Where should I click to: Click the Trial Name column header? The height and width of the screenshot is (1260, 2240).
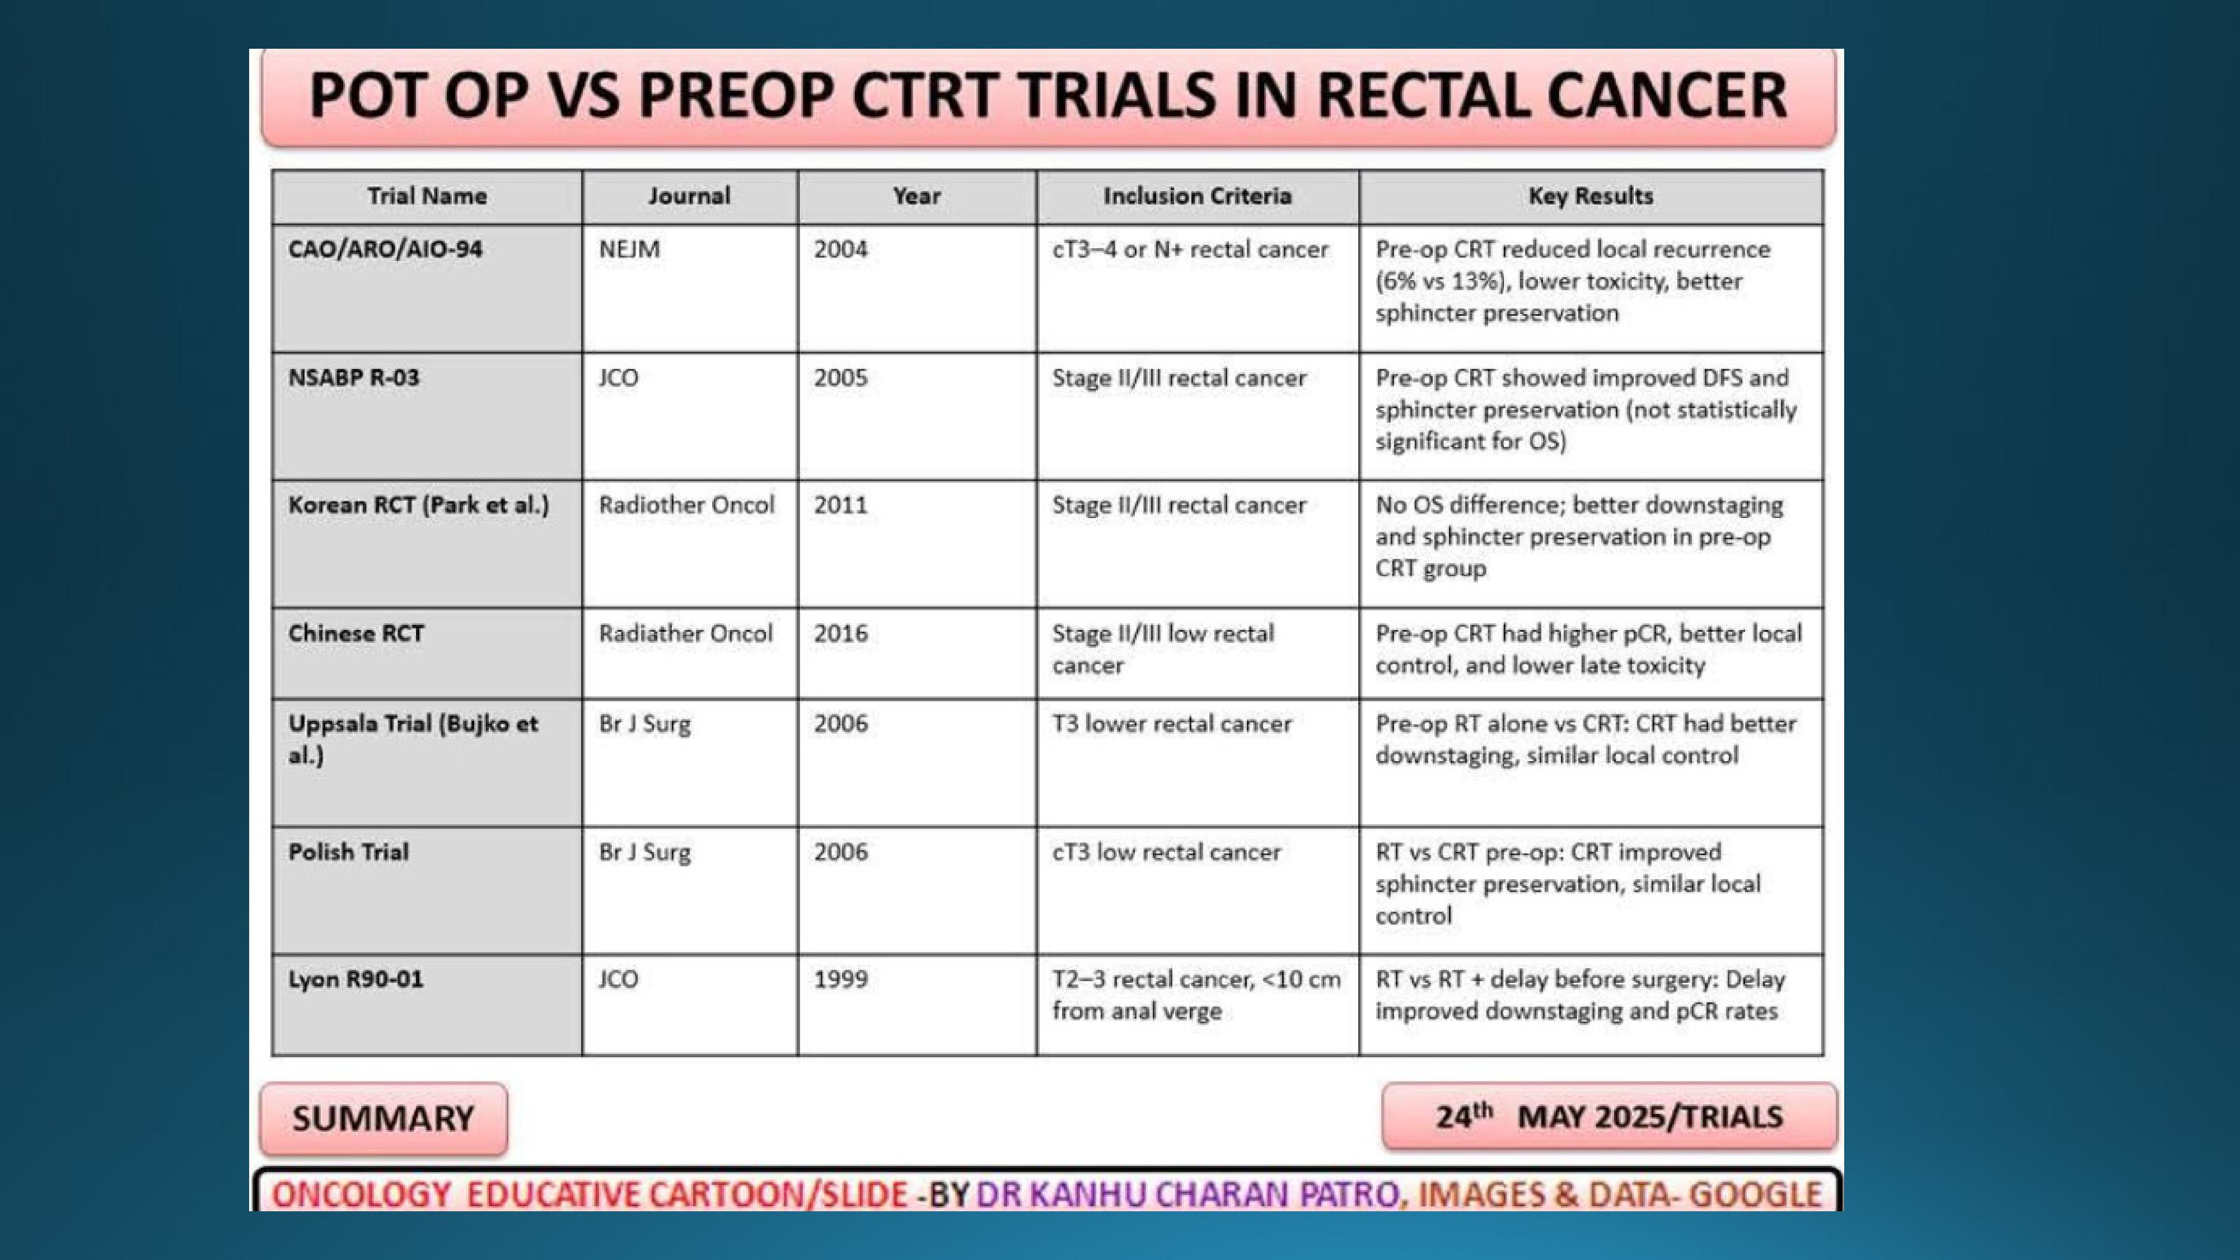pyautogui.click(x=427, y=197)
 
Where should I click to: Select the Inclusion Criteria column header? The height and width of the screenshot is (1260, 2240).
pyautogui.click(x=1198, y=197)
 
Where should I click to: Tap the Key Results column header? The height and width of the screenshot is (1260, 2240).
pyautogui.click(x=1591, y=197)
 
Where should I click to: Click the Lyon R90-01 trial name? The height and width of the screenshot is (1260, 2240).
pyautogui.click(x=356, y=979)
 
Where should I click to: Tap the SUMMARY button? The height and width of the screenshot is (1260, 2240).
pyautogui.click(x=384, y=1118)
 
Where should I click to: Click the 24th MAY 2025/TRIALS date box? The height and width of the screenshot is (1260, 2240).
pyautogui.click(x=1610, y=1117)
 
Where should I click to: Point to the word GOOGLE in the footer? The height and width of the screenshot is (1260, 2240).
pyautogui.click(x=1756, y=1195)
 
